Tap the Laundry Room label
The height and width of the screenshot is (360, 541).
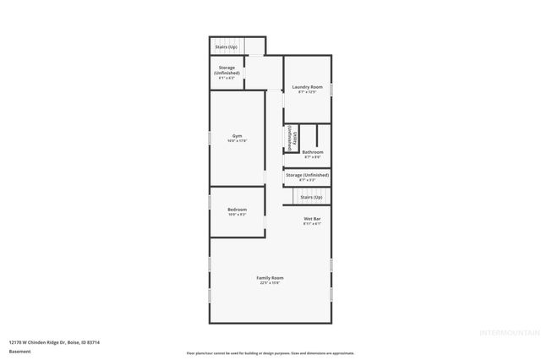coord(307,87)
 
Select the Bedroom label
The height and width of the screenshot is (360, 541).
coord(238,209)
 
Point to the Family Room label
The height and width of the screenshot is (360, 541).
coord(270,277)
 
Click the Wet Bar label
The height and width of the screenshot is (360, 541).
coord(312,219)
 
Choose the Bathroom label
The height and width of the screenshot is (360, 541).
coord(312,152)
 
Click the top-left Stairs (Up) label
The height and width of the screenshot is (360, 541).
coord(226,47)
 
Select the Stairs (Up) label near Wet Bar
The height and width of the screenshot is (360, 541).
coord(312,197)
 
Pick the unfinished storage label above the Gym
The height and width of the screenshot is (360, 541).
coord(227,70)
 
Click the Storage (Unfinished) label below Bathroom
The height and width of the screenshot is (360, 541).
coord(307,175)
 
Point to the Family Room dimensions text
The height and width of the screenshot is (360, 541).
coord(270,283)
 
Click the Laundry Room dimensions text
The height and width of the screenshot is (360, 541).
coord(307,92)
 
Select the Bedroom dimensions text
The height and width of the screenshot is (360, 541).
coord(238,214)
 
